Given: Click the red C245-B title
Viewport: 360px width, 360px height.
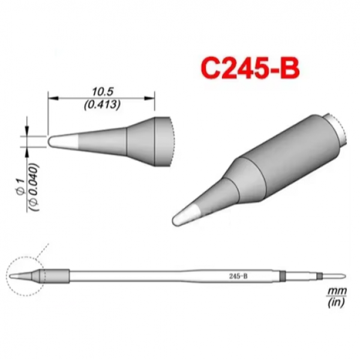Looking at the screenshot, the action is click(250, 68).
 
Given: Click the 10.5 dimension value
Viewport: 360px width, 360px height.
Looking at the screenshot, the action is click(103, 92).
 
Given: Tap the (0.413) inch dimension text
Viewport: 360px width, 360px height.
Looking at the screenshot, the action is click(102, 105).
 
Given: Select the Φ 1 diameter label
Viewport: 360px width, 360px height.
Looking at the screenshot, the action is click(20, 185).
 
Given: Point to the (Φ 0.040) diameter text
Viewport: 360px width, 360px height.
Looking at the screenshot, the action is click(34, 187).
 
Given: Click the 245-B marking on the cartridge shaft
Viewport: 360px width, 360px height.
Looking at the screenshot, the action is click(238, 276).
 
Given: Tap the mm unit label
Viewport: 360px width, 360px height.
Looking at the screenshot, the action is click(337, 292).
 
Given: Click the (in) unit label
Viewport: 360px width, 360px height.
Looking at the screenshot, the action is click(337, 302).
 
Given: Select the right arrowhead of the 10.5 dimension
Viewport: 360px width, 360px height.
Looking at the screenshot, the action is click(149, 98).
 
